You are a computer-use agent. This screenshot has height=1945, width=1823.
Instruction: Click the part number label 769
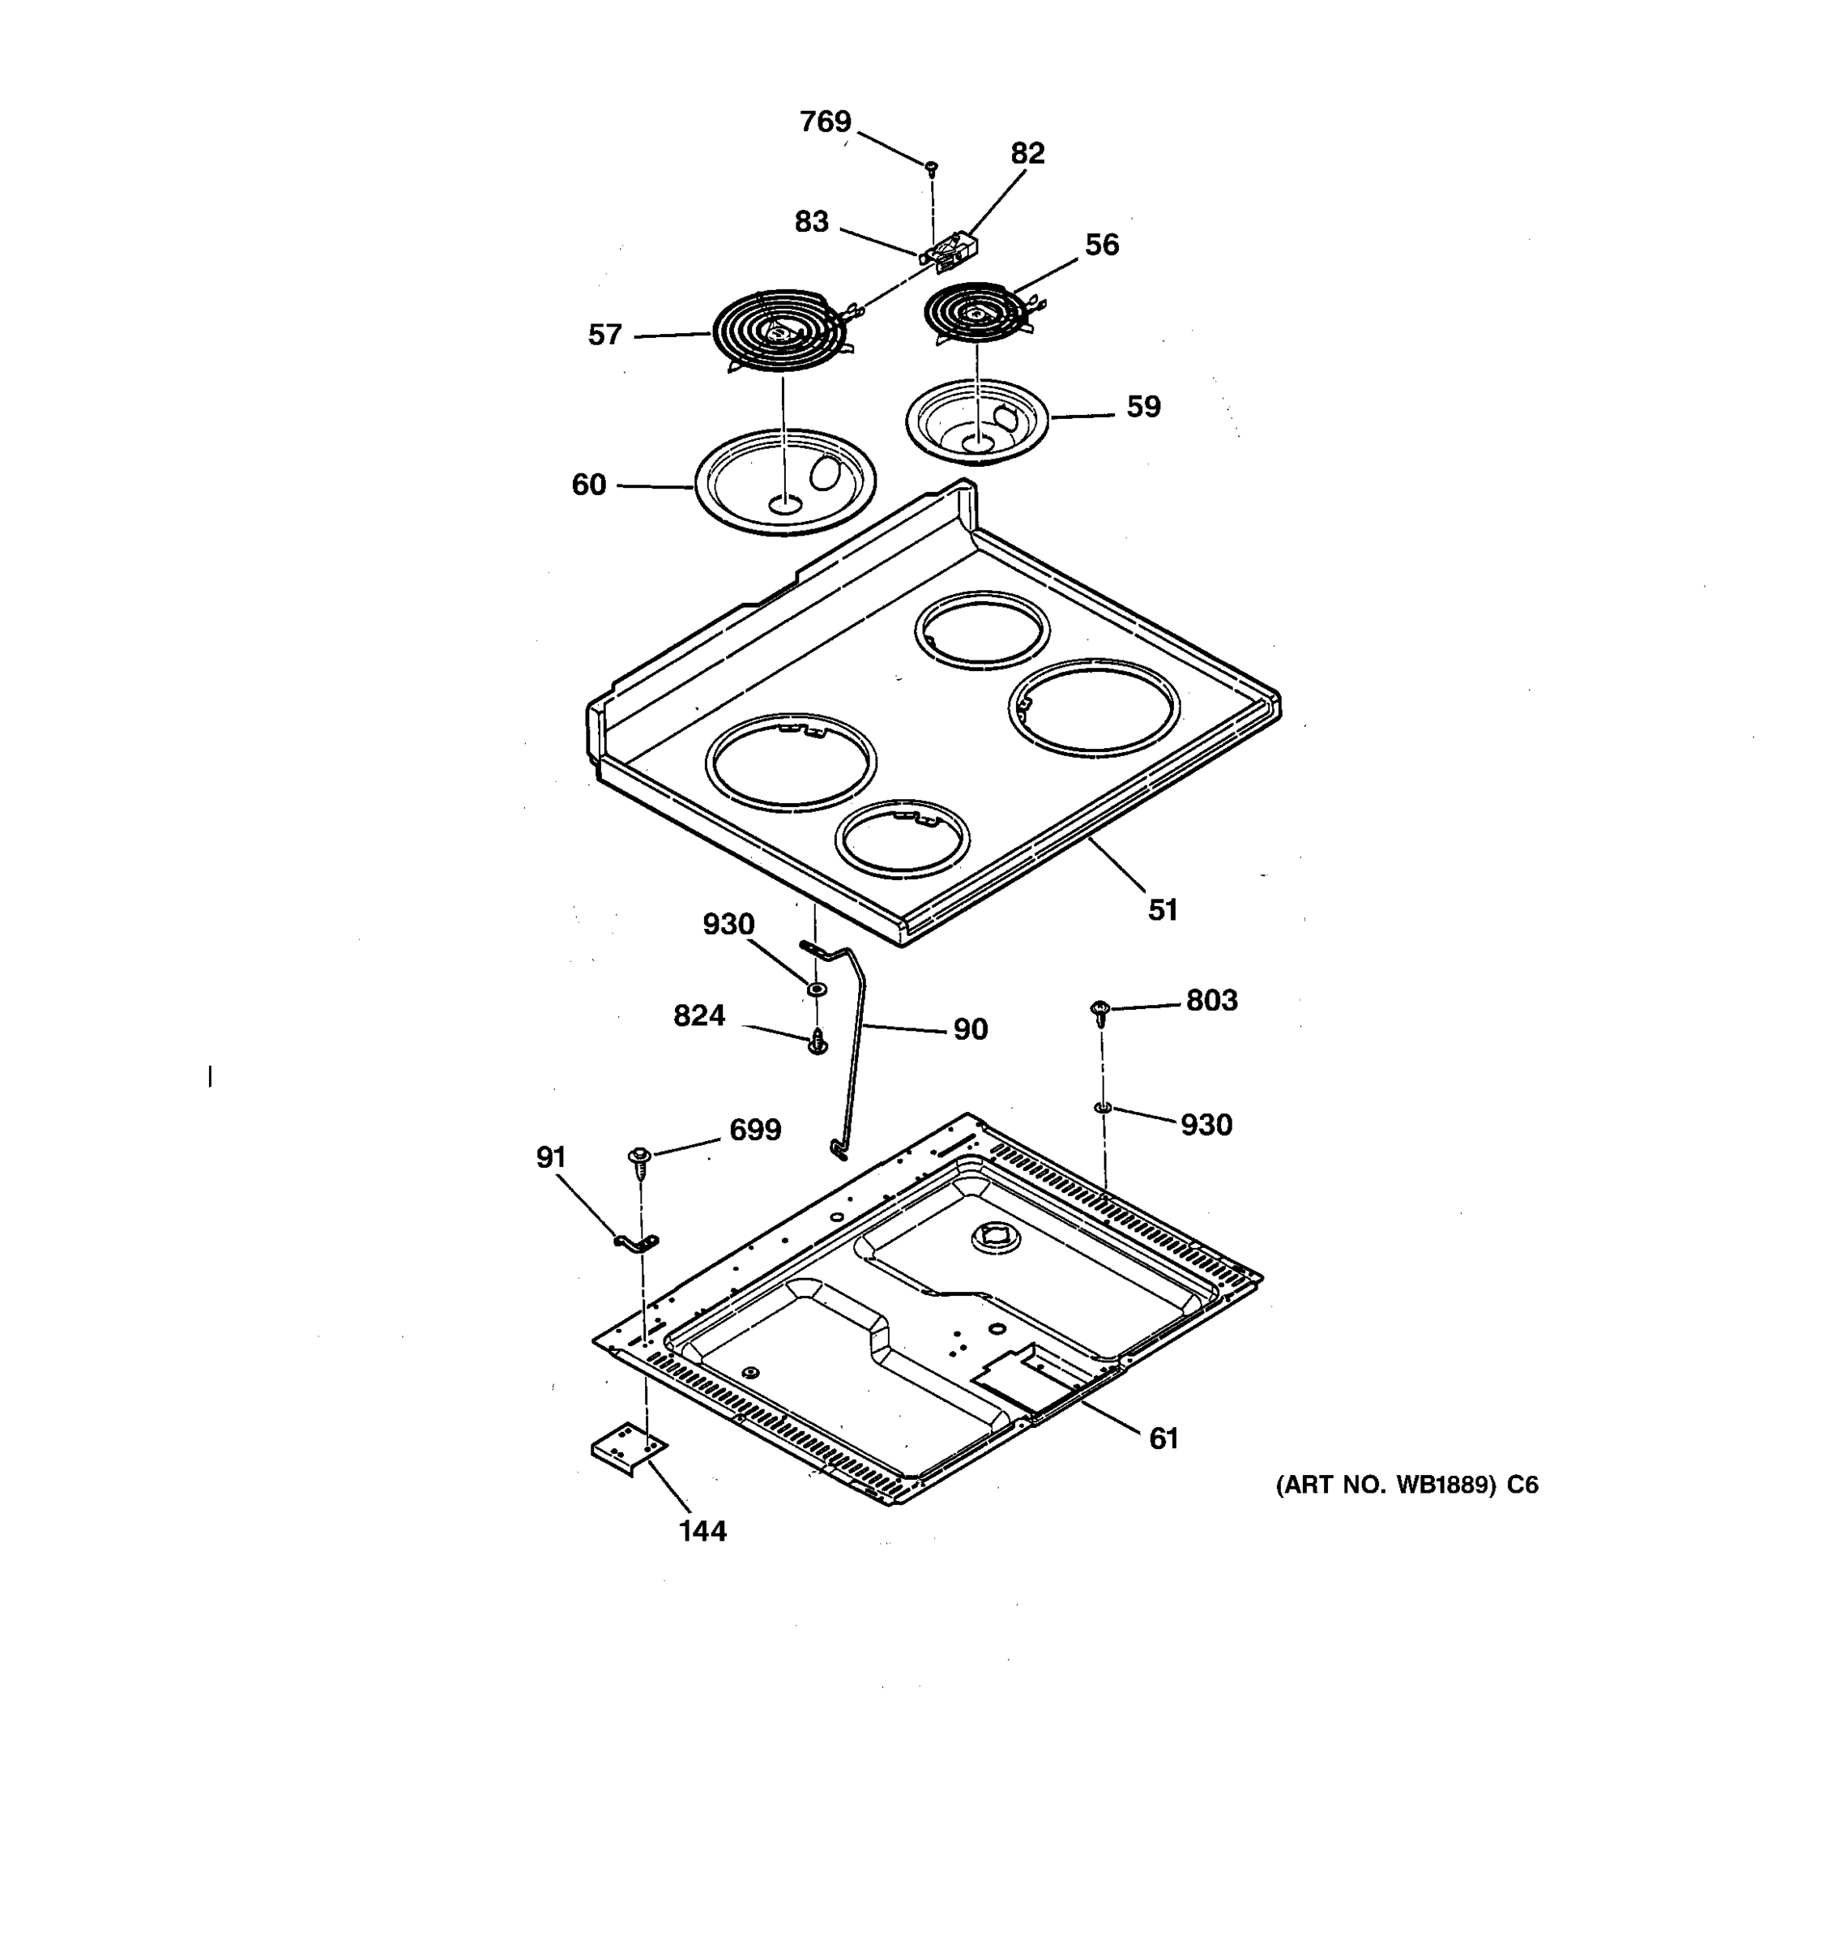click(826, 122)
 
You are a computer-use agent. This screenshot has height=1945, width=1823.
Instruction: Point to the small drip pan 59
click(977, 421)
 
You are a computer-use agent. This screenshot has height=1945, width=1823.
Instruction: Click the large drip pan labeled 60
click(785, 482)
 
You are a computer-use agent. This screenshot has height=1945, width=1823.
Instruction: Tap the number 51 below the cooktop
click(1162, 910)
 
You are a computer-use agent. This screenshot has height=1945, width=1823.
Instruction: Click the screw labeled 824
click(818, 1043)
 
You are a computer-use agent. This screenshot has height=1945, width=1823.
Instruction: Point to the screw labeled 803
click(1100, 1011)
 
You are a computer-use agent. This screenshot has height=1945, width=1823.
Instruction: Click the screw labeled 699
click(638, 1161)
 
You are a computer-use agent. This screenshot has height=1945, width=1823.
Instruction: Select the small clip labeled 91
click(637, 1242)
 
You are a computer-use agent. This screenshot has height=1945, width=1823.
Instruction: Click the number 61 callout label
click(1163, 1438)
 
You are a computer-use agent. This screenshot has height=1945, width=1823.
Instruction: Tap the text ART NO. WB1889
click(1385, 1485)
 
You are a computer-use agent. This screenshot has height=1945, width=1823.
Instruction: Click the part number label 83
click(811, 222)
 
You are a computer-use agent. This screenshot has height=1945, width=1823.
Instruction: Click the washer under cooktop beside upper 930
click(814, 990)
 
